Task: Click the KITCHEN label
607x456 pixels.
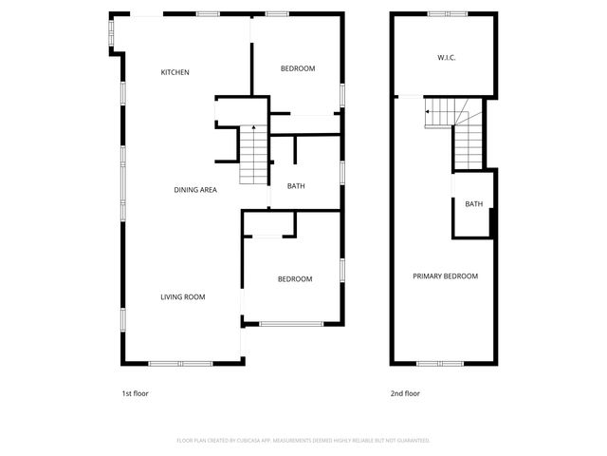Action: click(175, 72)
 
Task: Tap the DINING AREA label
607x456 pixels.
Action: click(195, 190)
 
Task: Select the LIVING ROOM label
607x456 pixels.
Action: click(182, 297)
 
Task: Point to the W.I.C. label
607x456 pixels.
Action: click(447, 58)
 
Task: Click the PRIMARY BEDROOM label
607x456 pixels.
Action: click(445, 276)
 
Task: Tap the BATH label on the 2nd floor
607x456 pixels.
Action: click(473, 204)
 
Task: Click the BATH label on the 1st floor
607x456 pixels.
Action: click(296, 186)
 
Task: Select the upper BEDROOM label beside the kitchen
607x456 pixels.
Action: click(298, 68)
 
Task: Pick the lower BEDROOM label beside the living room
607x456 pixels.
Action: click(295, 278)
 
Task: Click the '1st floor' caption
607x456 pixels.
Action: click(136, 393)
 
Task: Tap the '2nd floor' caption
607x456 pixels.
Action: click(405, 393)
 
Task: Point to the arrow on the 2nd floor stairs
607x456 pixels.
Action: click(428, 112)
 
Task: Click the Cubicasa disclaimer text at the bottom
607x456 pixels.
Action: click(303, 441)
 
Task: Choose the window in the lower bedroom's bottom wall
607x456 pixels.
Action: click(291, 324)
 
